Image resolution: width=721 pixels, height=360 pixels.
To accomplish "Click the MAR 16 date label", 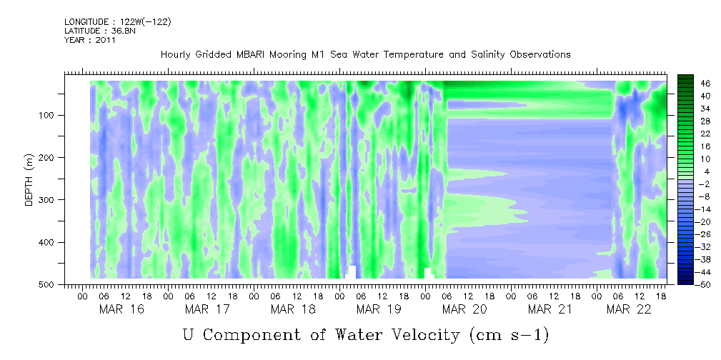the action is pyautogui.click(x=121, y=310).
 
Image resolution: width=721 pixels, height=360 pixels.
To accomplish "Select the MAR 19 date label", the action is pyautogui.click(x=379, y=310).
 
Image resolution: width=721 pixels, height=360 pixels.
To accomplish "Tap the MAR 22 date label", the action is pyautogui.click(x=629, y=310).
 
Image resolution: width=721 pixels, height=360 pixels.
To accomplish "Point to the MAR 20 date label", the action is pyautogui.click(x=465, y=310).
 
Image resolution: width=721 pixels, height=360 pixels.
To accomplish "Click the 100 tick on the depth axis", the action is pyautogui.click(x=49, y=115).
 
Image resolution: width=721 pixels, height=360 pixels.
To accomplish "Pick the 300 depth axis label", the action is pyautogui.click(x=49, y=200).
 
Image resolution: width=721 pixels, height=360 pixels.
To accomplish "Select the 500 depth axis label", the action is pyautogui.click(x=49, y=284).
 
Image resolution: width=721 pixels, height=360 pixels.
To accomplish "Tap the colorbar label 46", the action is pyautogui.click(x=692, y=84).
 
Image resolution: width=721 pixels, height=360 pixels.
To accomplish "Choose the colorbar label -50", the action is pyautogui.click(x=691, y=284).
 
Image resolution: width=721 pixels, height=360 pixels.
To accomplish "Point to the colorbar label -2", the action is pyautogui.click(x=692, y=184).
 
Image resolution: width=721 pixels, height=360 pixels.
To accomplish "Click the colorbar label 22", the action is pyautogui.click(x=692, y=137).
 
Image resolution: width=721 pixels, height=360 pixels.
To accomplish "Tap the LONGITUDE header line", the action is pyautogui.click(x=118, y=21).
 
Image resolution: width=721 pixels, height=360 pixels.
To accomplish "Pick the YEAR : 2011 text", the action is pyautogui.click(x=89, y=40).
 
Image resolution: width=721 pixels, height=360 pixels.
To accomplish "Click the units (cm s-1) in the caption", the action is pyautogui.click(x=509, y=336).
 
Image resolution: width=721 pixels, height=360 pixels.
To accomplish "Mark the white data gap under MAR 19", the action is pyautogui.click(x=352, y=272).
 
